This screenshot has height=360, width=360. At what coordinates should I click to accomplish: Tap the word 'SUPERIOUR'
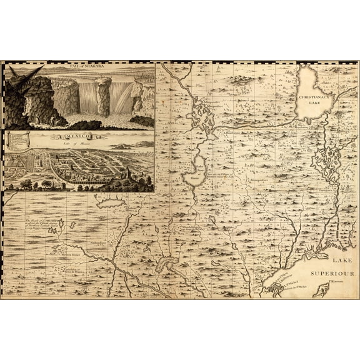point(336,273)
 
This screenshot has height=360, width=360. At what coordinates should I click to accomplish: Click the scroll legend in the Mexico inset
point(18,140)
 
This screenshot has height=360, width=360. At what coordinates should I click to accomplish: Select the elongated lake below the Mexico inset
point(111,203)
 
